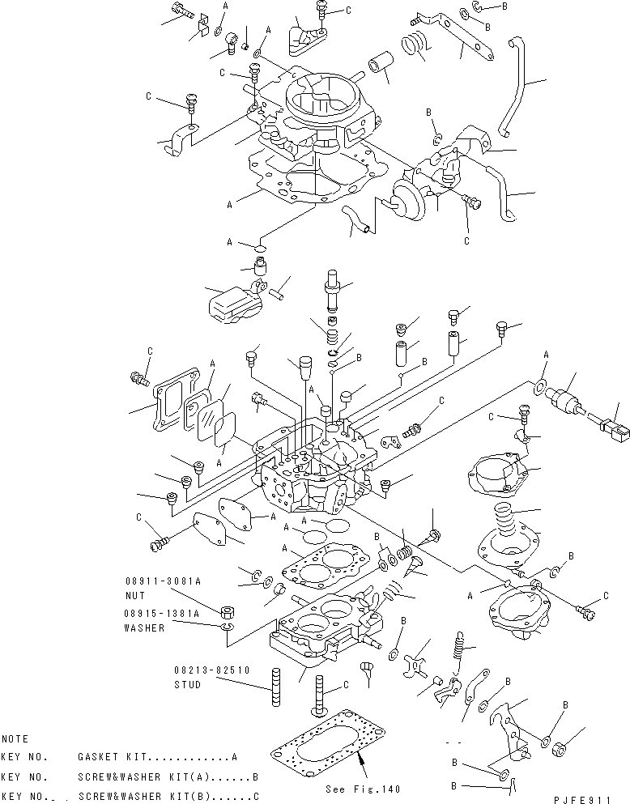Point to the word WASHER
coord(144,627)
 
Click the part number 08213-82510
coord(211,670)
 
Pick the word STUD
coord(187,685)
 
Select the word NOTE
coord(15,739)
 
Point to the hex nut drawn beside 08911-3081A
coord(228,610)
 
